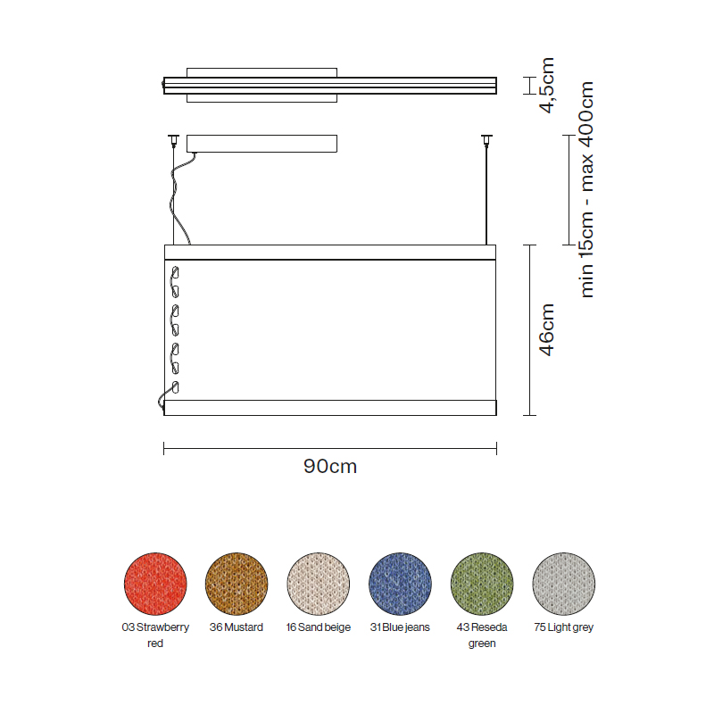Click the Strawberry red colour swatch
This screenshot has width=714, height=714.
click(x=155, y=584)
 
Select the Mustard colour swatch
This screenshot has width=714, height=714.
click(x=237, y=584)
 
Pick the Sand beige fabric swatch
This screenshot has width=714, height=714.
click(x=319, y=584)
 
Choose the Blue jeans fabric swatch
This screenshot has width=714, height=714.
click(x=400, y=584)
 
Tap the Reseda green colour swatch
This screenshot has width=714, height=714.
click(x=482, y=584)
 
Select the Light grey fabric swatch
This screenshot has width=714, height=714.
click(x=564, y=584)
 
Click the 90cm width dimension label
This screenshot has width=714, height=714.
click(x=330, y=466)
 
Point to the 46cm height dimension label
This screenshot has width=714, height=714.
click(x=546, y=329)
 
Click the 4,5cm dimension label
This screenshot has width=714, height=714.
click(x=546, y=85)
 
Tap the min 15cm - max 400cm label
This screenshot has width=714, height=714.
click(x=586, y=189)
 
